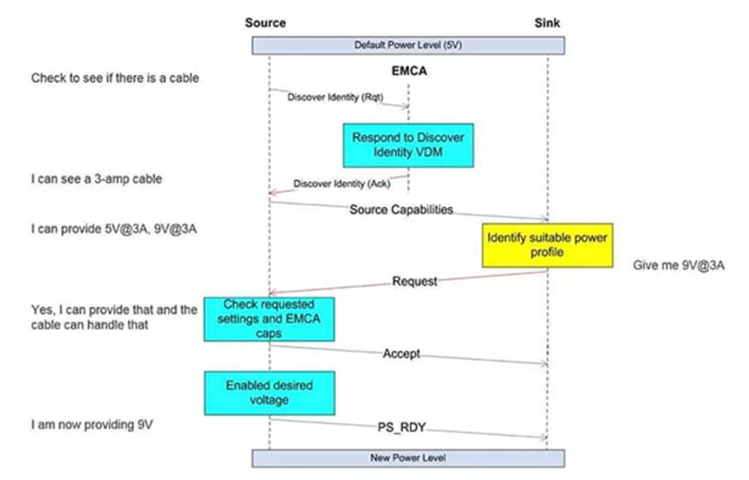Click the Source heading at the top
pyautogui.click(x=265, y=23)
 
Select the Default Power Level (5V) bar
pyautogui.click(x=407, y=44)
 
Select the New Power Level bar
pyautogui.click(x=407, y=457)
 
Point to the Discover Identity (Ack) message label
pyautogui.click(x=342, y=183)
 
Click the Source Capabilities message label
pyautogui.click(x=401, y=210)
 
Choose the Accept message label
pyautogui.click(x=401, y=354)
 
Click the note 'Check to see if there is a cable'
pyautogui.click(x=114, y=78)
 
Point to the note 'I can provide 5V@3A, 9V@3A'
pyautogui.click(x=106, y=228)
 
